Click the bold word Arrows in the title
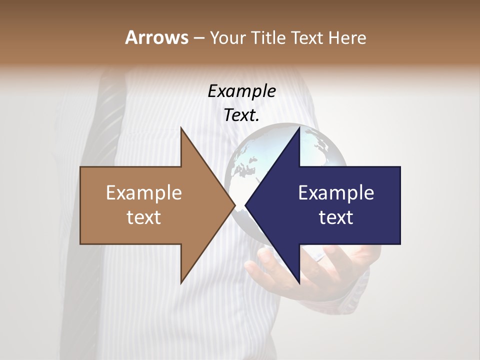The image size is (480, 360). coord(156,37)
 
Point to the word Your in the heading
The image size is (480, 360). coord(227,38)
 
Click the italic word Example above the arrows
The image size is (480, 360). coord(241,91)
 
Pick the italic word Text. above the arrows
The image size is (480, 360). coord(241,115)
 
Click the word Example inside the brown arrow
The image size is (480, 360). coord(144,192)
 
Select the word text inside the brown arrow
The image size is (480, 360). coord(144,217)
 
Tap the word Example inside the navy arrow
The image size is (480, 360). coord(336,192)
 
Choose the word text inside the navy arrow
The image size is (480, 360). coord(336,217)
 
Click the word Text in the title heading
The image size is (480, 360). coord(309,38)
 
